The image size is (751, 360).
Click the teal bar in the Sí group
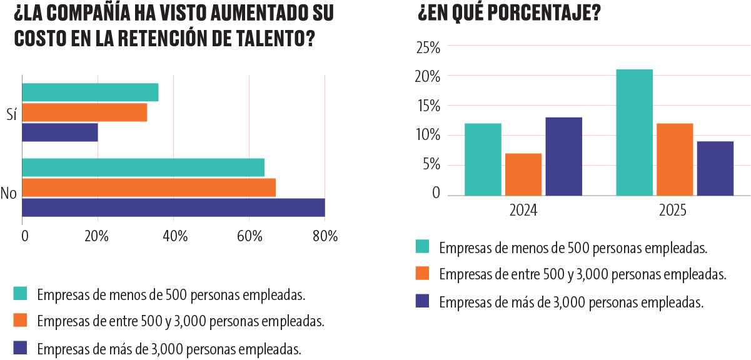[90, 92]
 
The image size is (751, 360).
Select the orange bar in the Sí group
[84, 112]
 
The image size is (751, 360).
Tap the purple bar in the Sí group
[60, 132]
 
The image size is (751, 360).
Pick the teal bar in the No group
[143, 167]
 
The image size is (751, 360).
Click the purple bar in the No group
[173, 207]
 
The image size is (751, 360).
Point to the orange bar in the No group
[149, 187]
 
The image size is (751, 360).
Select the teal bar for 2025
[634, 132]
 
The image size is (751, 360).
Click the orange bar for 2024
[523, 174]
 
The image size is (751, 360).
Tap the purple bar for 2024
[564, 156]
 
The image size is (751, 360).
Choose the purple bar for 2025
[715, 168]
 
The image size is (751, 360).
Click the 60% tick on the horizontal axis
[249, 236]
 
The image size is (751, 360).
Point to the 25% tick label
[428, 48]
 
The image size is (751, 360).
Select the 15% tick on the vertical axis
[429, 106]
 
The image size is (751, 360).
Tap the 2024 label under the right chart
[523, 211]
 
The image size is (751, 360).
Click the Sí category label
[11, 114]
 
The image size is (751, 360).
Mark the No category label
[9, 193]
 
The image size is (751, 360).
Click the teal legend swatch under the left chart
[20, 293]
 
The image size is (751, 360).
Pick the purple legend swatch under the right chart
[422, 301]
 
